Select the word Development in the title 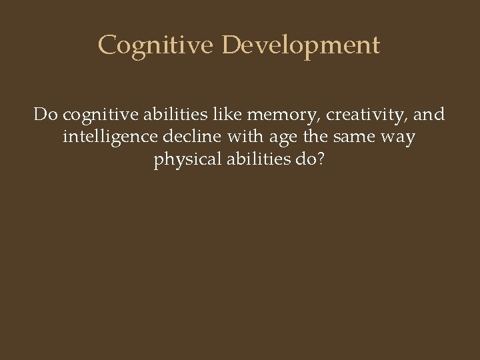click(301, 45)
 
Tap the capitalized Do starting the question click(45, 115)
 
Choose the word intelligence click(110, 138)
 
